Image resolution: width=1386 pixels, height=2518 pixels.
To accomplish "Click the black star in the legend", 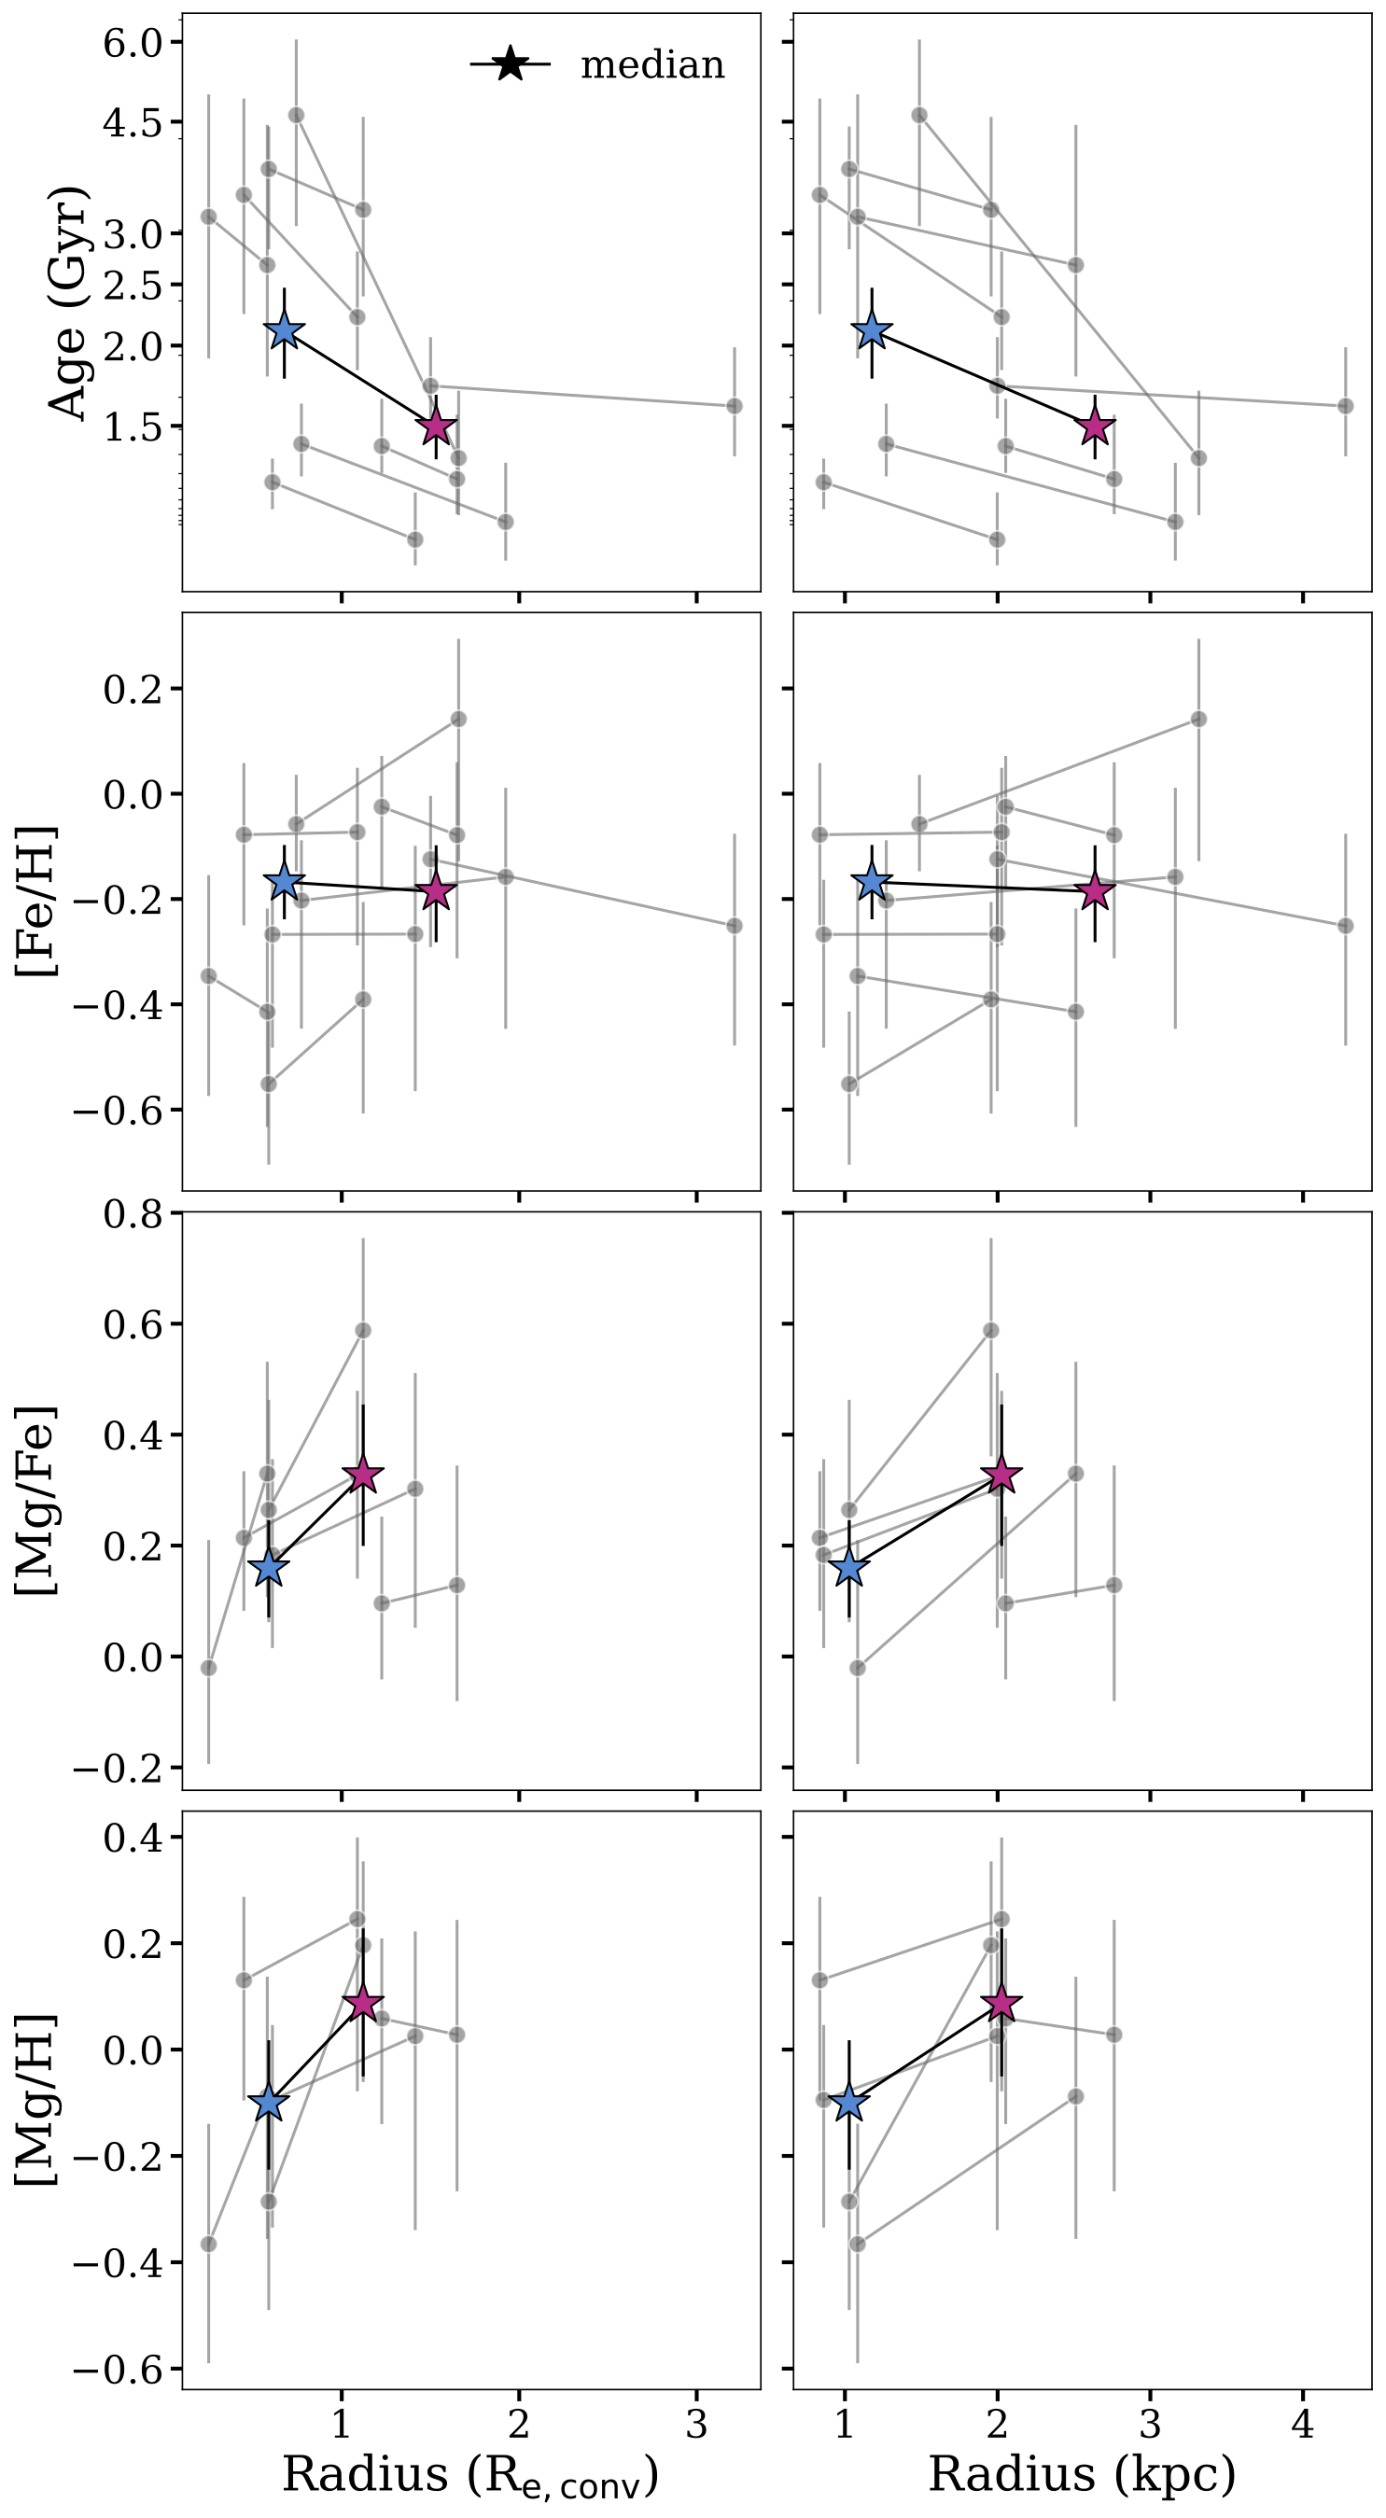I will [511, 64].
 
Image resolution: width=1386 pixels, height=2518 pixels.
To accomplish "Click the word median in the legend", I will [652, 64].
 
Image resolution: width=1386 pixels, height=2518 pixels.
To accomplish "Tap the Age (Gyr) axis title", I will [68, 303].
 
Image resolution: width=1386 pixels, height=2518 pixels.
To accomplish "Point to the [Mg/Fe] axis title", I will [37, 1501].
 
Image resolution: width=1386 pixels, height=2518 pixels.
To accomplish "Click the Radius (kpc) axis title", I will [1081, 2473].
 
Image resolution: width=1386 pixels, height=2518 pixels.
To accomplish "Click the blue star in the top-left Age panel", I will [285, 331].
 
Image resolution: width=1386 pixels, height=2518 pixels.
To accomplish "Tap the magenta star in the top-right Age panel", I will [1095, 427].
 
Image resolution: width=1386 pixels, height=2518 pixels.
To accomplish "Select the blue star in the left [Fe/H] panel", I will [285, 882].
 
